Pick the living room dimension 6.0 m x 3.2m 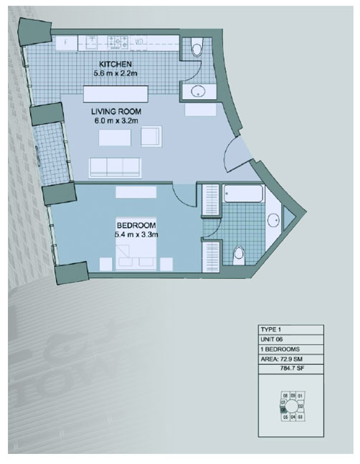[x=115, y=122]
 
